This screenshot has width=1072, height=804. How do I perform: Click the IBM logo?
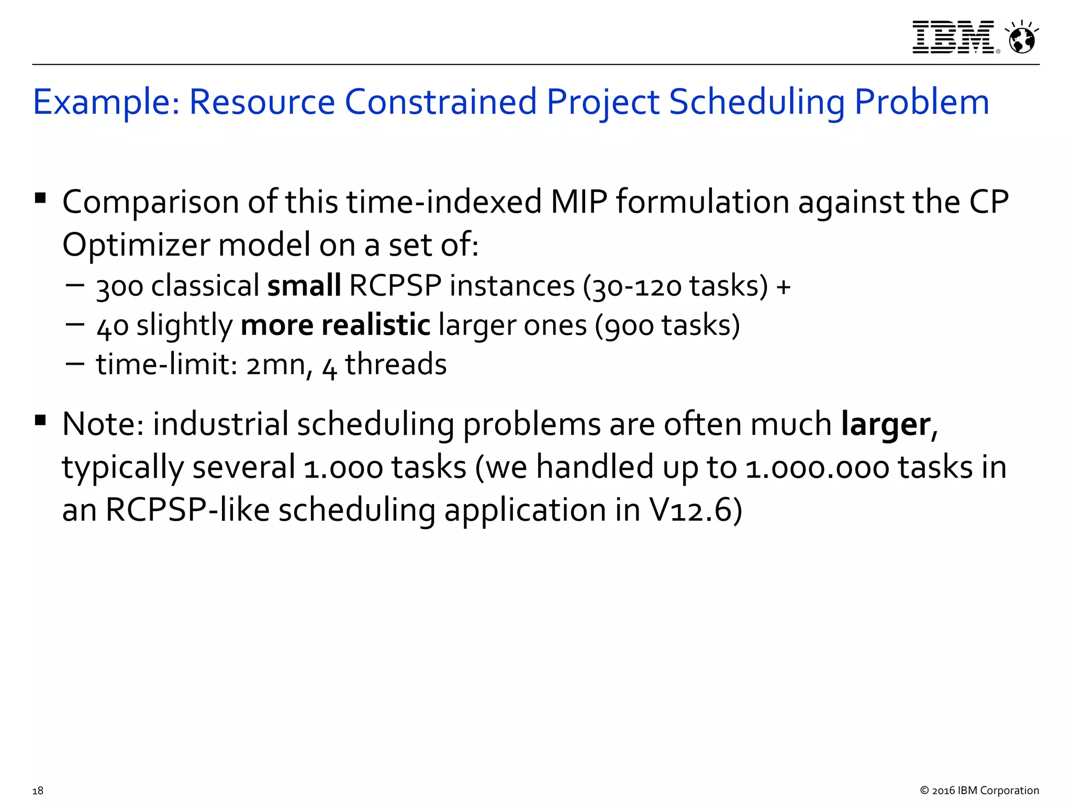[x=953, y=37]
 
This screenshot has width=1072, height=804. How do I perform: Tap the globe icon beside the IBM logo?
[x=1021, y=38]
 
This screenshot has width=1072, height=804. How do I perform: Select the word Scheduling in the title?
[x=756, y=102]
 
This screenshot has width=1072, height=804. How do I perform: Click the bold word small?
[x=304, y=286]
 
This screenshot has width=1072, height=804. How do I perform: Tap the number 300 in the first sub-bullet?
[x=119, y=287]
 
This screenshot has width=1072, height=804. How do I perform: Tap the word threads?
[x=396, y=364]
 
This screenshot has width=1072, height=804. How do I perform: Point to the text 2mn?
[x=279, y=365]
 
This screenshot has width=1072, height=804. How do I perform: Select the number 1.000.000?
[x=817, y=467]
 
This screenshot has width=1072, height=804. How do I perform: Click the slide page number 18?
[x=38, y=790]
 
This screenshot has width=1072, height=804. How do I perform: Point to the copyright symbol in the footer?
[x=924, y=790]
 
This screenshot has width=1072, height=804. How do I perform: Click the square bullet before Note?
[x=40, y=420]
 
